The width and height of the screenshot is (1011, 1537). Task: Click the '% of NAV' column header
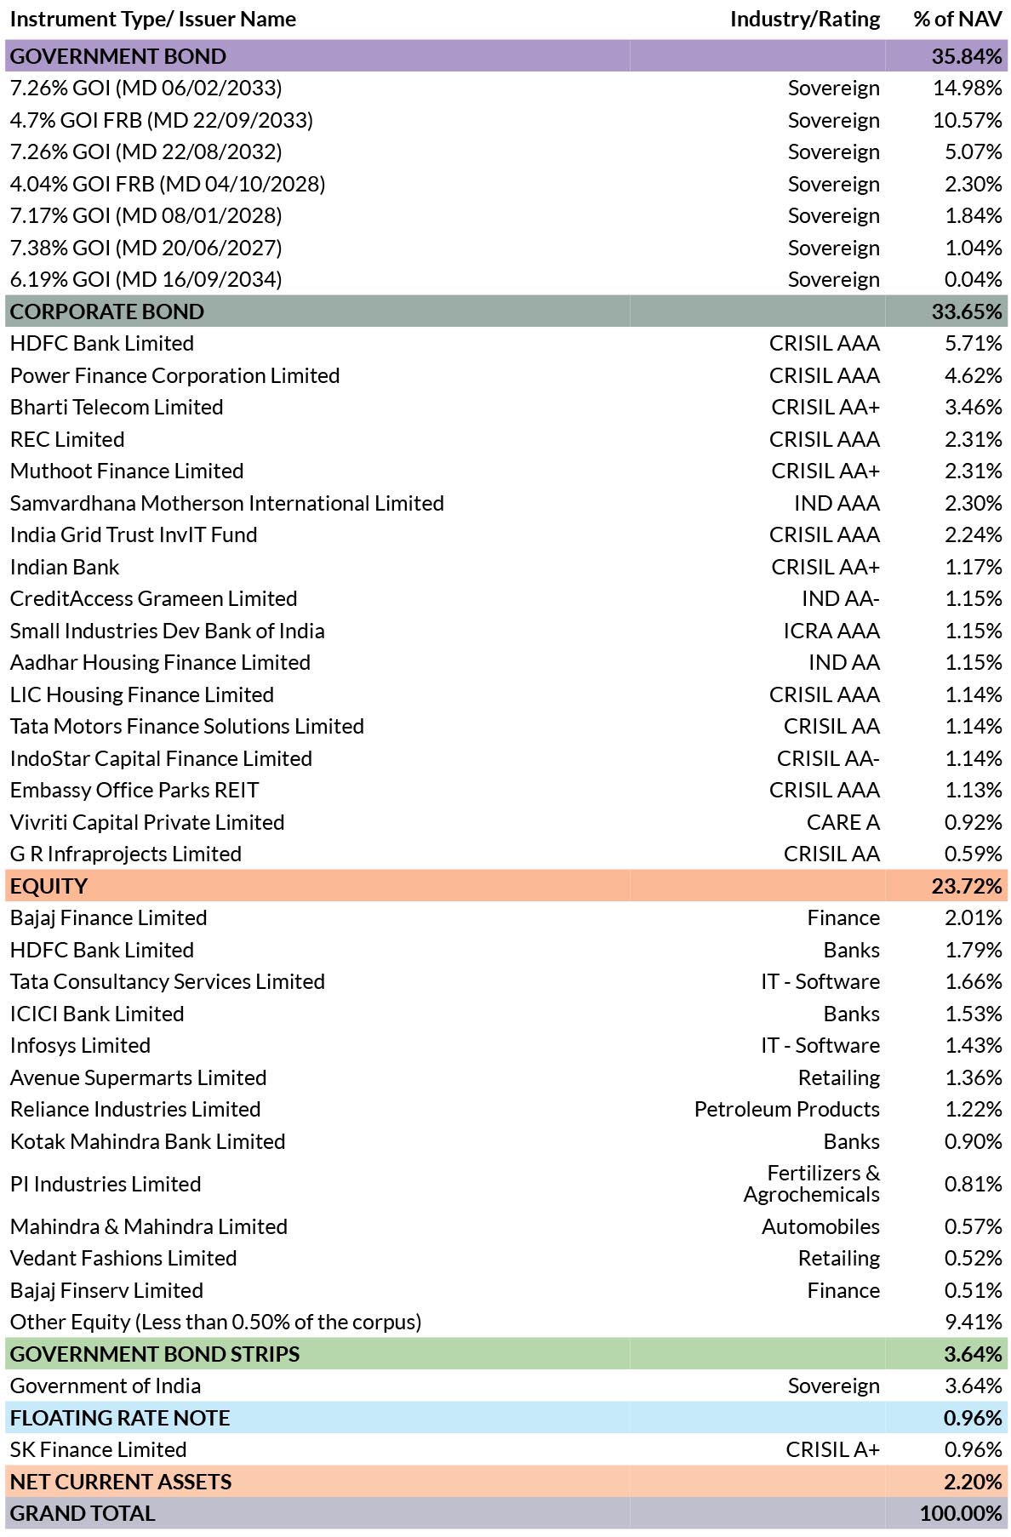tap(957, 20)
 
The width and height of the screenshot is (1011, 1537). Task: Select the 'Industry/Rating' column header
tap(805, 20)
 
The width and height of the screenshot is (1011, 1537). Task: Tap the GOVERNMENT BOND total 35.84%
tap(967, 56)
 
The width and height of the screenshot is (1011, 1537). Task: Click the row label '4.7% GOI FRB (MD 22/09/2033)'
tap(162, 120)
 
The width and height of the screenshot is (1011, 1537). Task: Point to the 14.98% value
tap(968, 89)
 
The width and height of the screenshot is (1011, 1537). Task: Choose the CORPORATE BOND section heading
tap(107, 311)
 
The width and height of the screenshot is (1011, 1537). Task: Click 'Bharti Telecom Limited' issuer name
tap(117, 408)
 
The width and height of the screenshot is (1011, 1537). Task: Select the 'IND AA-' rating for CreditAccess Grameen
tap(841, 599)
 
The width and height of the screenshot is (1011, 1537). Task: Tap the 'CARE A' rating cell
tap(843, 823)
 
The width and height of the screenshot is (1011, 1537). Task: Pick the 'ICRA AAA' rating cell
tap(832, 631)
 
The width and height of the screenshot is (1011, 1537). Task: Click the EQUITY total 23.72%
tap(967, 886)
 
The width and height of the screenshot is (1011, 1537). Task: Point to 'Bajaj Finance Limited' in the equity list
tap(109, 918)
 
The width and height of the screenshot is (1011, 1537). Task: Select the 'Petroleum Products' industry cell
tap(787, 1110)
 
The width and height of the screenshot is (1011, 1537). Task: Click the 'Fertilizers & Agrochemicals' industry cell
tap(812, 1184)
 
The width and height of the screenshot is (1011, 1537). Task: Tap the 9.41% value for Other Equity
tap(974, 1323)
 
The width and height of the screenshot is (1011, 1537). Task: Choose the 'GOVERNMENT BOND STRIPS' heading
tap(155, 1354)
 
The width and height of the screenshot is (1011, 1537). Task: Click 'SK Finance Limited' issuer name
tap(99, 1450)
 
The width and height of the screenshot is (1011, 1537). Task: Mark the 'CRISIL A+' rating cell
tap(833, 1450)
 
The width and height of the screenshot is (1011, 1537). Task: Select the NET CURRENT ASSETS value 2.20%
tap(974, 1482)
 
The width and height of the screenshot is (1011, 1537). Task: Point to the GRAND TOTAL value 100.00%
tap(961, 1514)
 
